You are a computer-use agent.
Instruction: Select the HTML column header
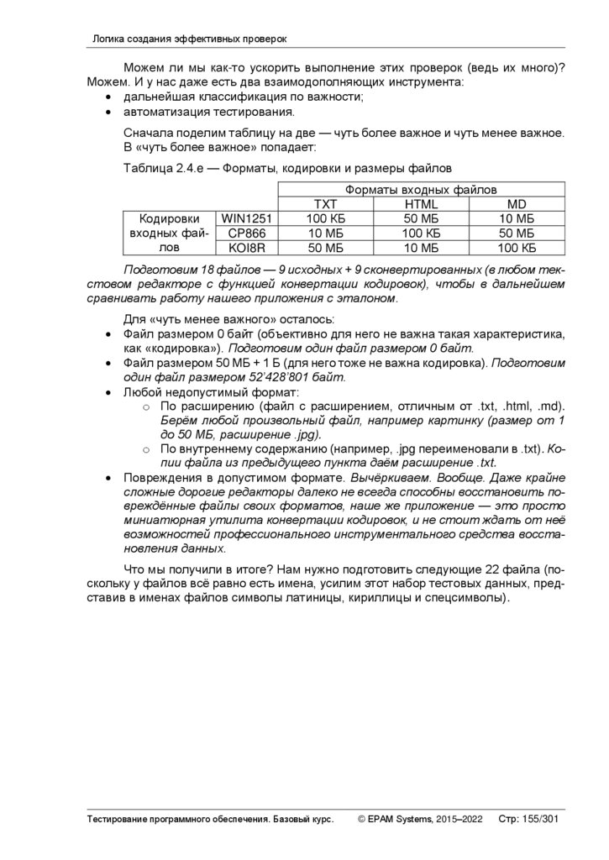[421, 204]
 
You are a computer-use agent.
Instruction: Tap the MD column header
[517, 204]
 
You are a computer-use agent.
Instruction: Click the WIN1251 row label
[242, 218]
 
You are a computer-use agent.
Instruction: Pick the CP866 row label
[242, 233]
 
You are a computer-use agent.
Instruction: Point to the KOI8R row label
[242, 247]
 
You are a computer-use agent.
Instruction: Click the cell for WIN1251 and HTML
[421, 218]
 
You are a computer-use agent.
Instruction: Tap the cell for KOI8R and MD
[517, 247]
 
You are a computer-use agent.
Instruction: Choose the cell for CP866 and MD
[517, 233]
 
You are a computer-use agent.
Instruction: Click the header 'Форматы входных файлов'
[420, 190]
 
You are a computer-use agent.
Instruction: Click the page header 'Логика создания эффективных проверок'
[190, 39]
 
